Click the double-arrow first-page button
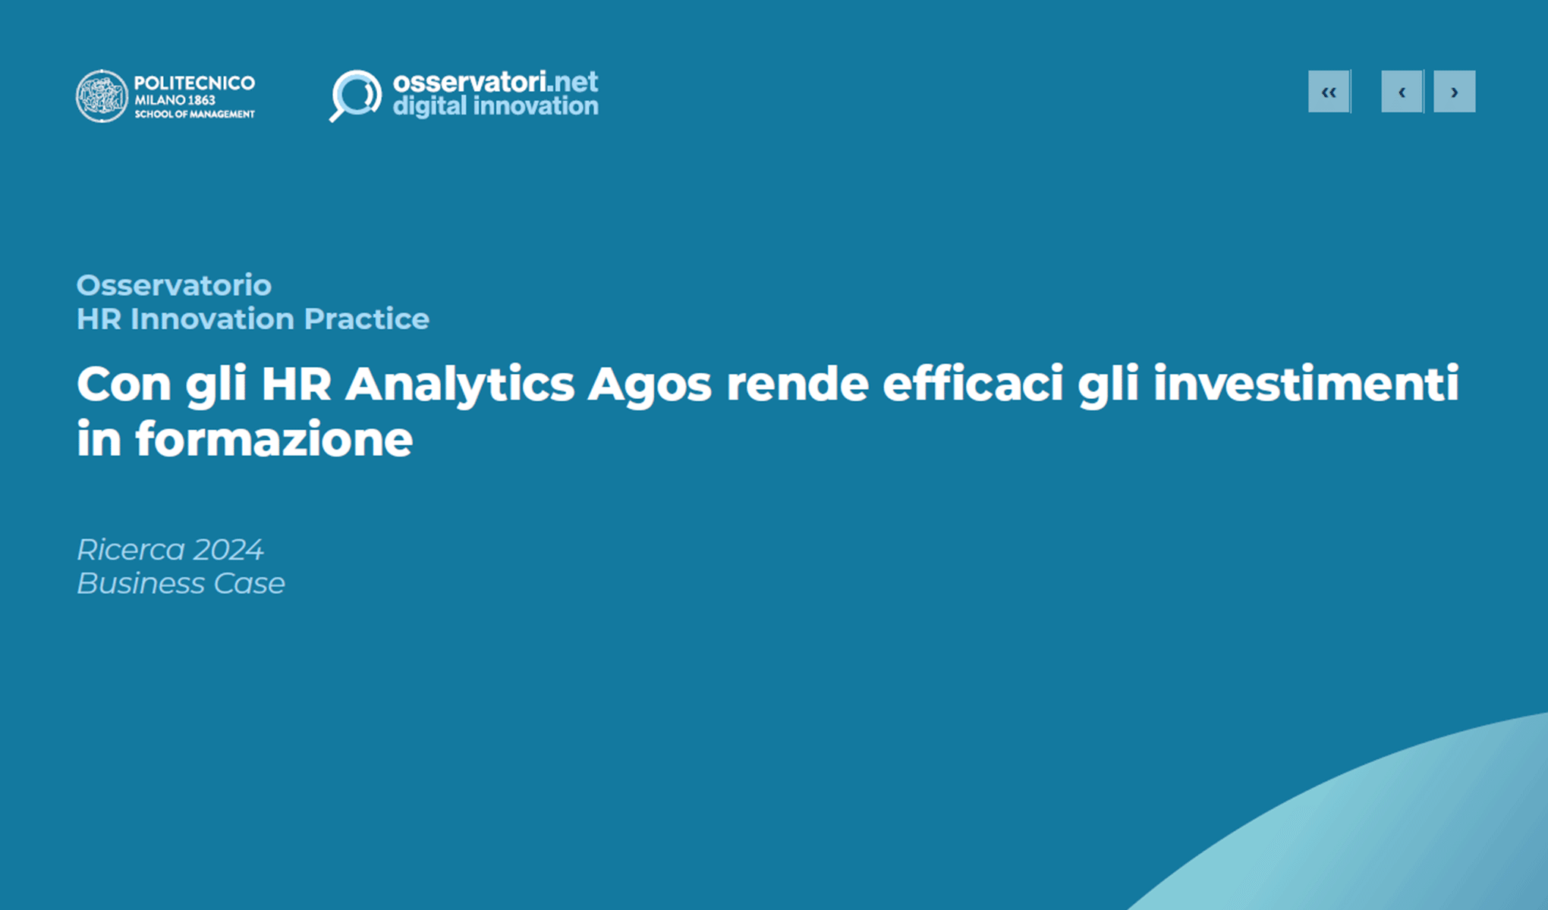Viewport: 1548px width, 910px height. pos(1329,92)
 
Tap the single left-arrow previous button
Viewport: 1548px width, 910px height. pos(1402,92)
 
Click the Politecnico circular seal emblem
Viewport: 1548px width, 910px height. pos(102,96)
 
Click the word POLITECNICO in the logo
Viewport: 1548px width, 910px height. pos(194,83)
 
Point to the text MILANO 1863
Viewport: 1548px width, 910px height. pos(175,100)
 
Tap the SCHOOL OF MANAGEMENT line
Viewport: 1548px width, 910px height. pos(194,115)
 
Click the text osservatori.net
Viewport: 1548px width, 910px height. pos(495,81)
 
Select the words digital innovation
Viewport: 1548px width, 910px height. pos(495,106)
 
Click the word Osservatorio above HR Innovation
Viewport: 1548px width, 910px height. pos(174,285)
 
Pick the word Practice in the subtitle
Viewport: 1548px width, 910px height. pos(367,318)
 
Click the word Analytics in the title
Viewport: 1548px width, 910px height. pos(460,384)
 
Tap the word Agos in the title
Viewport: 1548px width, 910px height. pos(650,384)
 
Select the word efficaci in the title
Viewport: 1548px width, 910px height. pos(972,384)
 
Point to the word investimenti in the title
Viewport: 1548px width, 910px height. pos(1306,384)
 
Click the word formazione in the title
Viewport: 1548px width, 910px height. pos(274,440)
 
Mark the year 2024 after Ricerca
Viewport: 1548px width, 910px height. pos(228,549)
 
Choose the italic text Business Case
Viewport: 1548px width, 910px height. pos(181,583)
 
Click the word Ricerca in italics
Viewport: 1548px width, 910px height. pos(131,549)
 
